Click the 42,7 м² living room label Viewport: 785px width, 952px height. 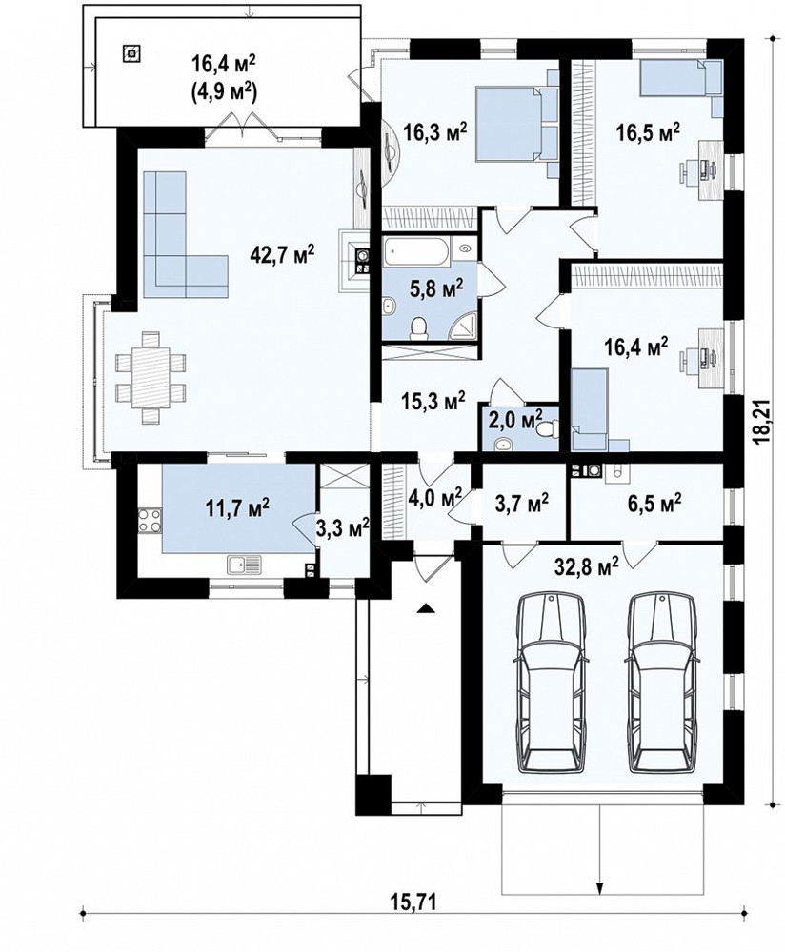click(x=282, y=255)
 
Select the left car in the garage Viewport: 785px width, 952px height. click(x=551, y=683)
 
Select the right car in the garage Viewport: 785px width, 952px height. click(x=662, y=683)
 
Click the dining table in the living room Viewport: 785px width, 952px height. click(x=151, y=376)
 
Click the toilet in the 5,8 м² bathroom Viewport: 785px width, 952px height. click(x=418, y=327)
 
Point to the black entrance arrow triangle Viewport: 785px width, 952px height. click(x=427, y=607)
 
